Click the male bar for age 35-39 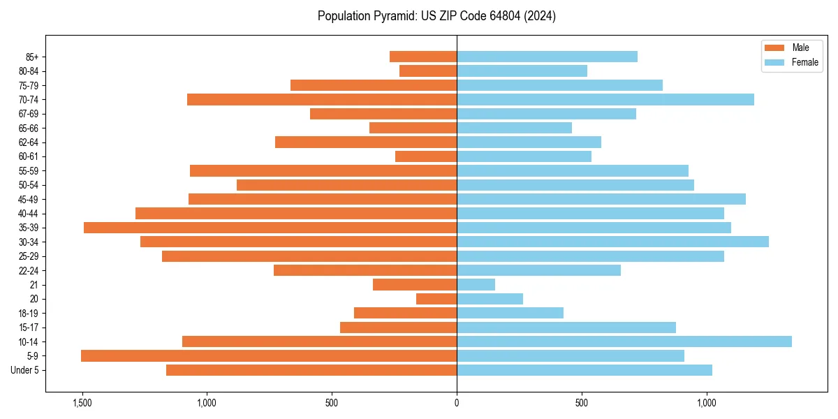pyautogui.click(x=270, y=228)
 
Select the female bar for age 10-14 pyautogui.click(x=624, y=341)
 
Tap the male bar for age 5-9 pyautogui.click(x=269, y=356)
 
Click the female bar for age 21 pyautogui.click(x=476, y=285)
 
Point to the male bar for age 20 pyautogui.click(x=436, y=299)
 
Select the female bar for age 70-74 pyautogui.click(x=605, y=100)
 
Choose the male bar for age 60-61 pyautogui.click(x=426, y=156)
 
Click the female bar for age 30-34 pyautogui.click(x=612, y=242)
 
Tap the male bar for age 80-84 pyautogui.click(x=428, y=71)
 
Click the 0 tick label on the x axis pyautogui.click(x=457, y=403)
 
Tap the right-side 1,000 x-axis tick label pyautogui.click(x=707, y=403)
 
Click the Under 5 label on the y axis pyautogui.click(x=25, y=370)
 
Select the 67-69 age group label pyautogui.click(x=29, y=114)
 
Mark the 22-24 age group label pyautogui.click(x=29, y=271)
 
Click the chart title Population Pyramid pyautogui.click(x=436, y=16)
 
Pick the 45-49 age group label pyautogui.click(x=29, y=200)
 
